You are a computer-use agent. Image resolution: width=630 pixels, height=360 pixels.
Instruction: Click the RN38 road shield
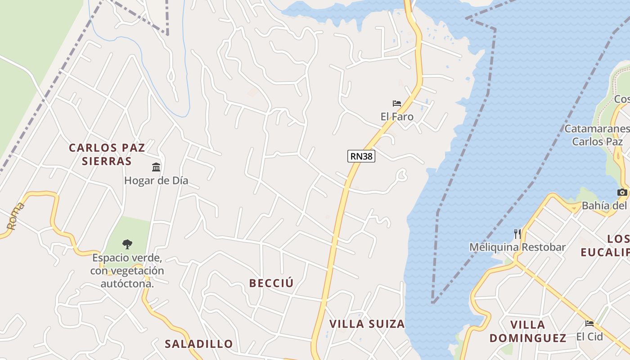click(x=361, y=156)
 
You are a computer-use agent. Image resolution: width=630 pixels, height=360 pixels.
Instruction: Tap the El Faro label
click(x=397, y=117)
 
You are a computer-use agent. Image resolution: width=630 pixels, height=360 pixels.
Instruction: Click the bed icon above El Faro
click(x=397, y=103)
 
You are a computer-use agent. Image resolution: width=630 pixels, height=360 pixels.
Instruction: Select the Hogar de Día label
click(x=156, y=181)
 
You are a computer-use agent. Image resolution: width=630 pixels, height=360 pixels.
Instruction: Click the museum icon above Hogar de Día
click(x=156, y=167)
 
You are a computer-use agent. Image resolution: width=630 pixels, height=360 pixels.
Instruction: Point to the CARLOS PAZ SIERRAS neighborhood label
click(x=107, y=154)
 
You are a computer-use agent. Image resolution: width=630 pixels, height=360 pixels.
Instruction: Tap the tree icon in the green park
click(x=127, y=244)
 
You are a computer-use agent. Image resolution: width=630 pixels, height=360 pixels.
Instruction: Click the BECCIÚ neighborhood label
click(x=271, y=283)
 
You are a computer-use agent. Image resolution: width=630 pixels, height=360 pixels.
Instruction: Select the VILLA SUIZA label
click(x=367, y=324)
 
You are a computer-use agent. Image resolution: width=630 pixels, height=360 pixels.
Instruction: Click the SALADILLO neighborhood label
click(x=199, y=344)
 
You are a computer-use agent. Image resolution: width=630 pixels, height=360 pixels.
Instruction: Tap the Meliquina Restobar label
click(x=517, y=247)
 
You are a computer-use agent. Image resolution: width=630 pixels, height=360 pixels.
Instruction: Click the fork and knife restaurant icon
click(x=517, y=234)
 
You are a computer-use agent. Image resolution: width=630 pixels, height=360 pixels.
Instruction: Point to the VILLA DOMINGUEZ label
click(x=528, y=331)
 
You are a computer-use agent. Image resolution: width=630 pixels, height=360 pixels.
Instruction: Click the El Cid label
click(x=589, y=337)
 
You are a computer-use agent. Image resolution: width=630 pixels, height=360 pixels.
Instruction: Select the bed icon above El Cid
click(x=589, y=323)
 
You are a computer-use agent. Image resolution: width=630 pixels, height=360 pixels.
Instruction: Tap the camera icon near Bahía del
click(x=622, y=192)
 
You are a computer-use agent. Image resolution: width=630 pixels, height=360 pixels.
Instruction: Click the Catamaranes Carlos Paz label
click(x=597, y=135)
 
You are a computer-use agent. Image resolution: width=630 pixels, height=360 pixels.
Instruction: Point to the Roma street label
click(x=15, y=216)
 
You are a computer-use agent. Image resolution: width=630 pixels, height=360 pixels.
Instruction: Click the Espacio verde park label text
click(x=127, y=271)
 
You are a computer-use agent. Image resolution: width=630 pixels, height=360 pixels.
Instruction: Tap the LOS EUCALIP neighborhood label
click(x=605, y=245)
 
